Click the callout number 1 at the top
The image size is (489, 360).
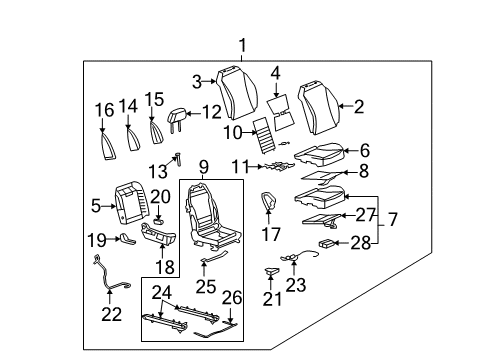coord(241,44)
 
